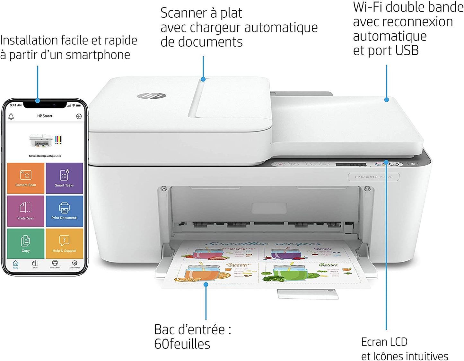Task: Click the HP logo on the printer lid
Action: tap(152, 96)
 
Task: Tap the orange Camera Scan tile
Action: tap(26, 178)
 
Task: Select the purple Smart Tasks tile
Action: tap(64, 178)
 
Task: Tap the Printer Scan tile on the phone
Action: tap(26, 211)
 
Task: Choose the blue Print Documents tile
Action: tap(64, 211)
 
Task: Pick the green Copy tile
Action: tap(26, 243)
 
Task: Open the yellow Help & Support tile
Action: tap(64, 243)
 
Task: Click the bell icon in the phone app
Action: tap(11, 116)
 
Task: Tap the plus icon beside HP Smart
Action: tap(79, 116)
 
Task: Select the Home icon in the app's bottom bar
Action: tap(15, 264)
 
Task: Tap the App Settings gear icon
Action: tap(74, 264)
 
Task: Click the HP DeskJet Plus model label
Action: tap(373, 177)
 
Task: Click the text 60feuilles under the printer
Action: tap(182, 344)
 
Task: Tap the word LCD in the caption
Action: tap(397, 342)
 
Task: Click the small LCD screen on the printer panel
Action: tap(351, 165)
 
